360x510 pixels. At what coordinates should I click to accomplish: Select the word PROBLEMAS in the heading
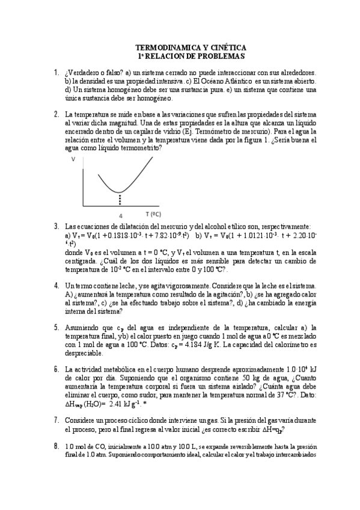click(x=222, y=56)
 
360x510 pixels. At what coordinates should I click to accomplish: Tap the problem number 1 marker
click(x=56, y=73)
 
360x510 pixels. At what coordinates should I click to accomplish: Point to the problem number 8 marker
click(x=56, y=446)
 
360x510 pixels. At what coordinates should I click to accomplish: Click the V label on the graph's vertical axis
click(x=73, y=159)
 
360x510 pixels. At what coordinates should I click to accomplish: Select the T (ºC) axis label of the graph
click(x=153, y=214)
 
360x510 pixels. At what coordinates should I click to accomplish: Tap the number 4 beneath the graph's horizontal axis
click(x=121, y=215)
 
